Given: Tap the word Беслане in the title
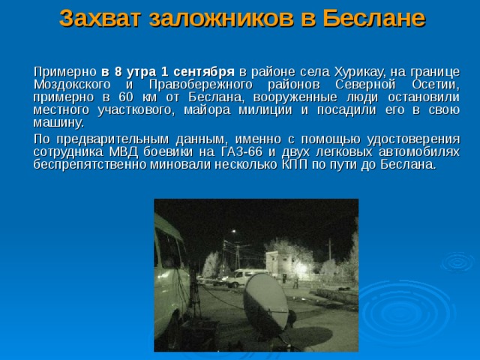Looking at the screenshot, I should tap(369, 18).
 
